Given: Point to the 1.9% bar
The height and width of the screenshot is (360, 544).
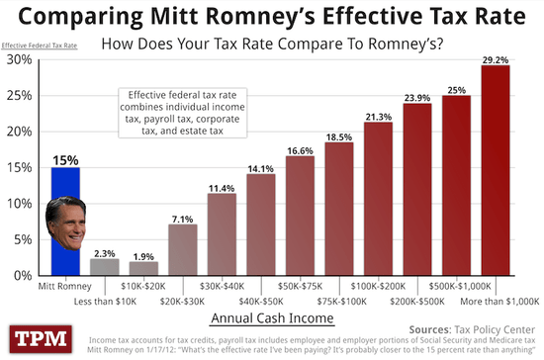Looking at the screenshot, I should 143,267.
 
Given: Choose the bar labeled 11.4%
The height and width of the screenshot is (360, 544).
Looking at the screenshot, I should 222,232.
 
